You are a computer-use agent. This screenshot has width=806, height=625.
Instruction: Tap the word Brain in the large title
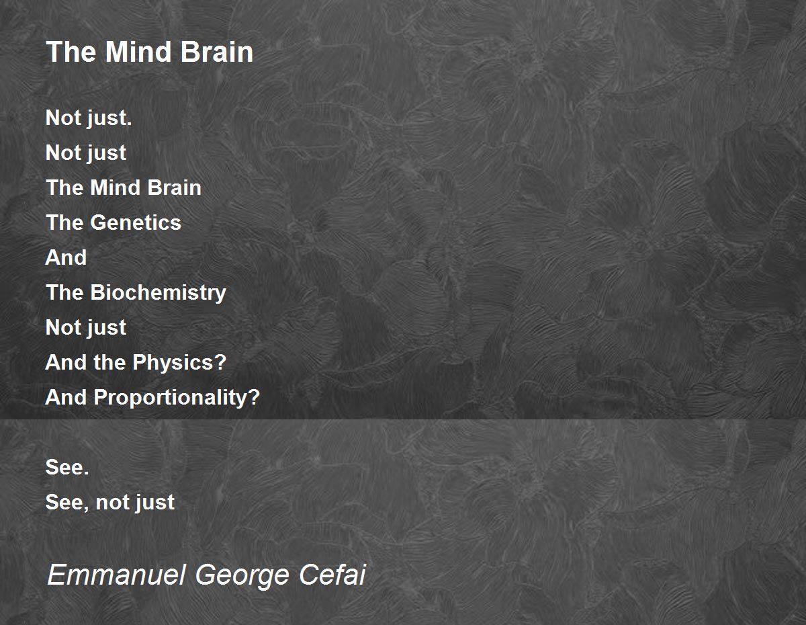pos(217,52)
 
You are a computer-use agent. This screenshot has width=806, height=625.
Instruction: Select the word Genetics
pos(136,222)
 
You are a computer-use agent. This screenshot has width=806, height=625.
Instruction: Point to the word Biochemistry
pos(158,293)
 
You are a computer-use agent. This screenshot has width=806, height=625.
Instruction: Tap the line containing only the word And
pos(66,257)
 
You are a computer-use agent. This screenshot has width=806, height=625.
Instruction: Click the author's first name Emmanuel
pos(116,575)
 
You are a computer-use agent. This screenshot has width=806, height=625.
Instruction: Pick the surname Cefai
pos(332,575)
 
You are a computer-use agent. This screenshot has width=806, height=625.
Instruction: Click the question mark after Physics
pos(220,362)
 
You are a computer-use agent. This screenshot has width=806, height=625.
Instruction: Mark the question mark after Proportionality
pos(254,397)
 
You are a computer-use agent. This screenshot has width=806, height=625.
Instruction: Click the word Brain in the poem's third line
pos(175,187)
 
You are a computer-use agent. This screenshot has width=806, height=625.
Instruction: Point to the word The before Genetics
pos(64,222)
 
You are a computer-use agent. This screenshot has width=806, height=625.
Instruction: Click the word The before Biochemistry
pos(64,292)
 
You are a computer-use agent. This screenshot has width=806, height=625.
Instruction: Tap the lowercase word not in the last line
pos(110,503)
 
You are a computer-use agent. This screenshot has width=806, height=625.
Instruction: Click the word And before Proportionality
pos(66,397)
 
